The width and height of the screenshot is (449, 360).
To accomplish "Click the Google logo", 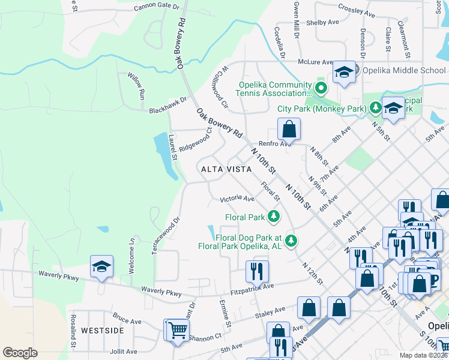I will pos(20,353).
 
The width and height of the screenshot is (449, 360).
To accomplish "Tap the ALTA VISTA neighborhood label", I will pos(226,170).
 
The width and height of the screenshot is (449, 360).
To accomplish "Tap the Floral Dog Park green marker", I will pos(291,241).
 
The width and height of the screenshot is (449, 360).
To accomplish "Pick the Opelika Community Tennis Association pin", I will pos(321,89).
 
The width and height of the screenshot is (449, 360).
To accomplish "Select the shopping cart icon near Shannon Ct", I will pos(177,331).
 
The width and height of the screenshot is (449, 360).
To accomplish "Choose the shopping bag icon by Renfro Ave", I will pos(289,128).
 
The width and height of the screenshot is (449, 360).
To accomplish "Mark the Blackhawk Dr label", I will pos(168,106).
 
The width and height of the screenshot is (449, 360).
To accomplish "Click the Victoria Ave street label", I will pos(237,199).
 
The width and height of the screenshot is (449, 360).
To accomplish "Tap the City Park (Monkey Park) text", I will pos(322,109).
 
